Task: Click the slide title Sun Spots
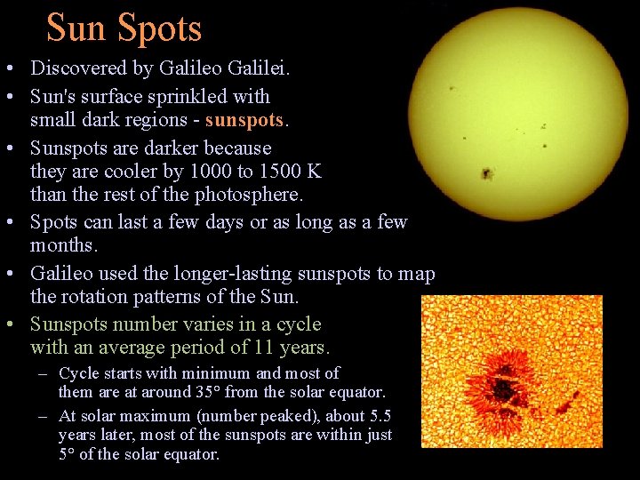(124, 28)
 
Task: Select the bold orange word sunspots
(243, 120)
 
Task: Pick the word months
(63, 245)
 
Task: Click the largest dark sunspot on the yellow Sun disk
(487, 173)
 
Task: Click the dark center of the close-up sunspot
(504, 389)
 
